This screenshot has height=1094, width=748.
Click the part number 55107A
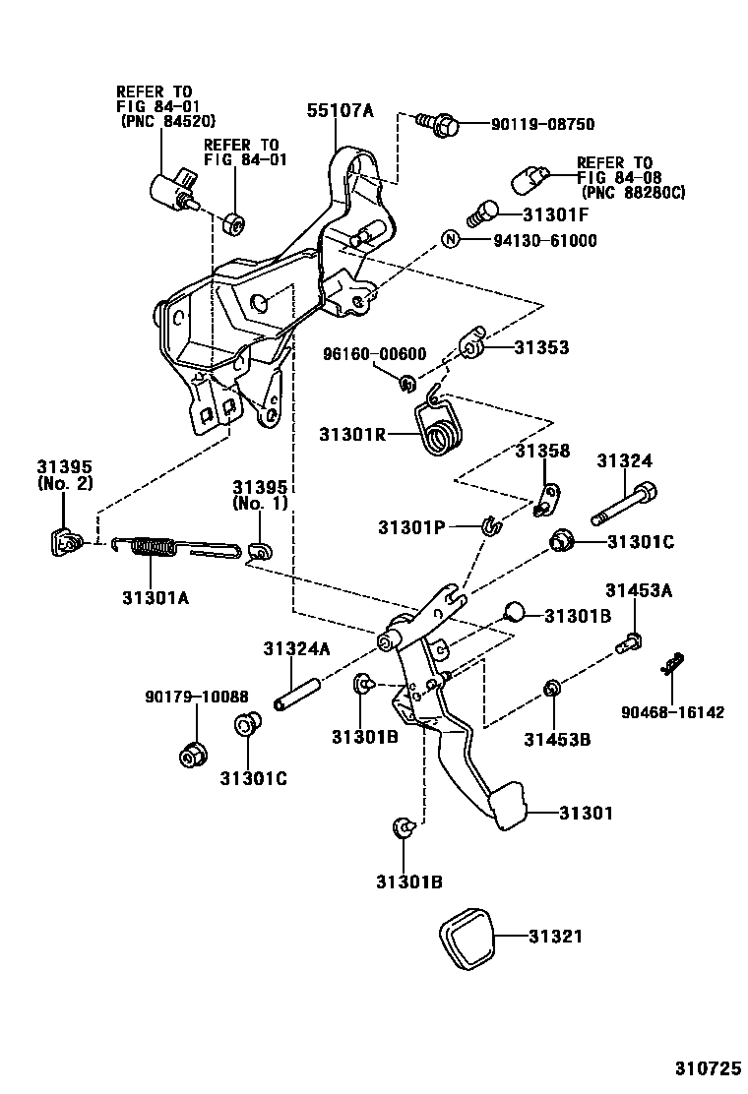[342, 111]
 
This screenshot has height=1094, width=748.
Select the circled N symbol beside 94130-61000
[449, 239]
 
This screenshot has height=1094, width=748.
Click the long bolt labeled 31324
[624, 503]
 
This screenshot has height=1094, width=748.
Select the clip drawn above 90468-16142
[672, 666]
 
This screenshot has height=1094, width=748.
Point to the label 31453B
[557, 740]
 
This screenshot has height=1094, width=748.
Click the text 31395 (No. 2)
[65, 475]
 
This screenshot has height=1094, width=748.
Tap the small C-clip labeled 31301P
[489, 527]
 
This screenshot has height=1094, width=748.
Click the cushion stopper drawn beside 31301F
[481, 213]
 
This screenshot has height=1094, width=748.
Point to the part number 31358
[542, 451]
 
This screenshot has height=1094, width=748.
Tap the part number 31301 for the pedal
[586, 814]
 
